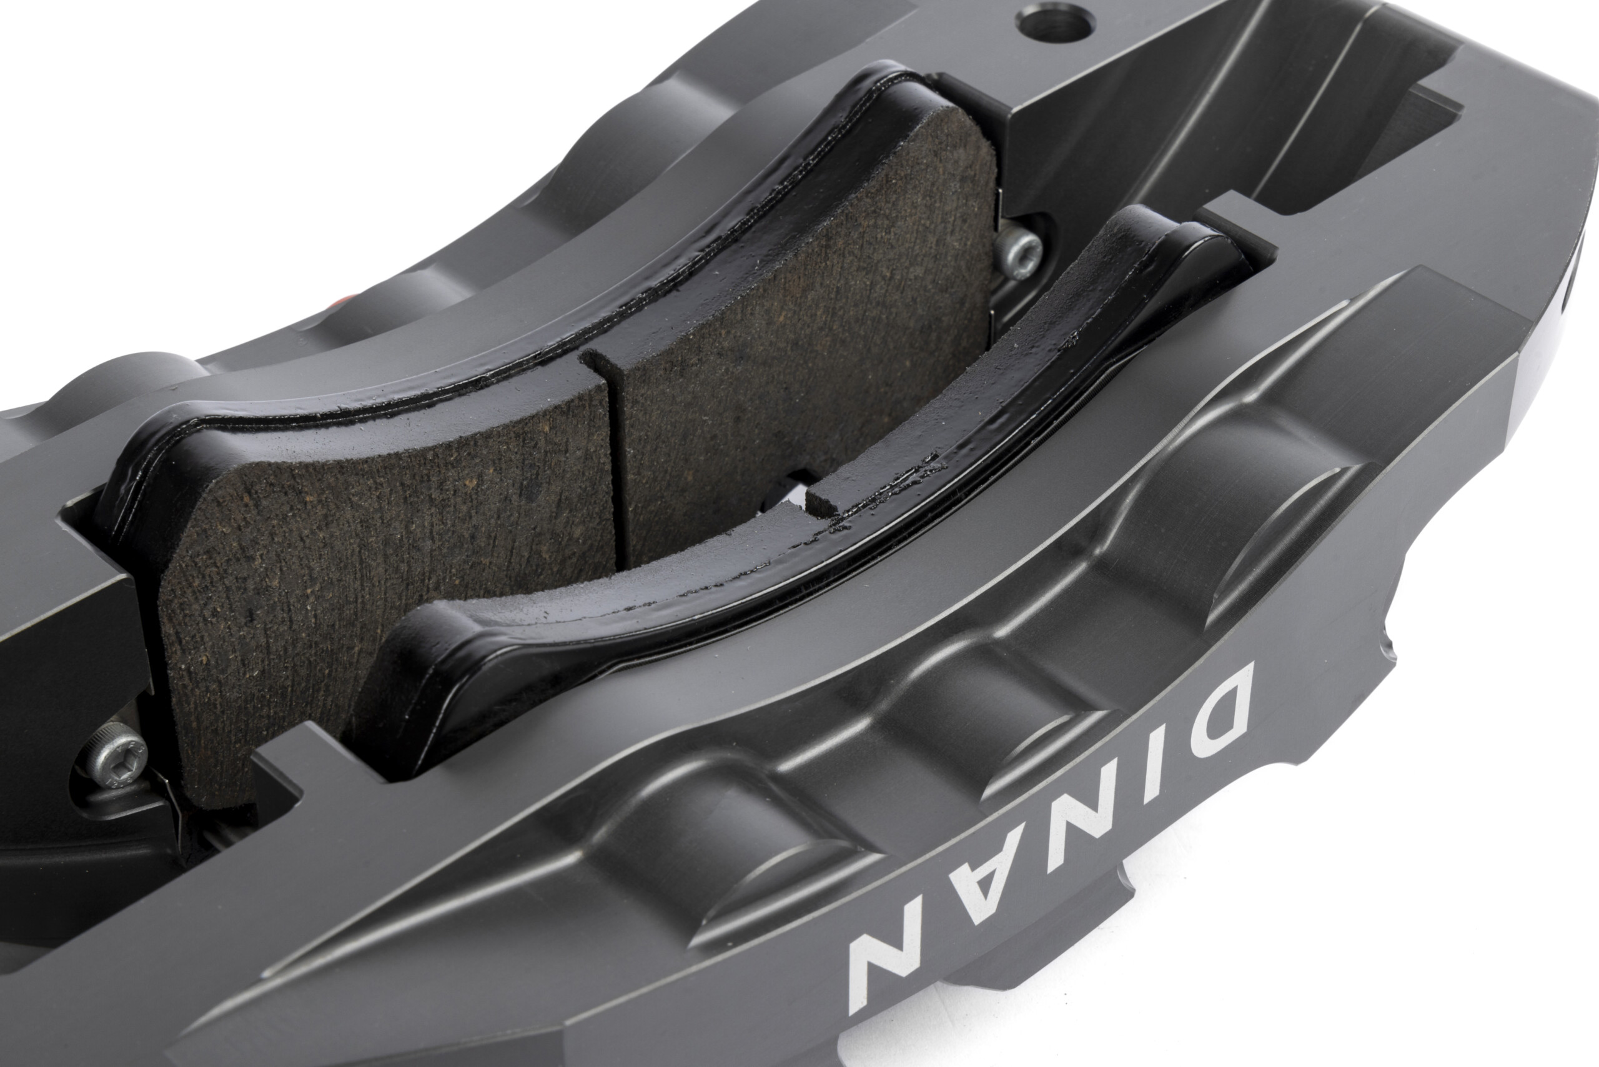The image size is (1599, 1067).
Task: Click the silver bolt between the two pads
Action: click(x=1019, y=253)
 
